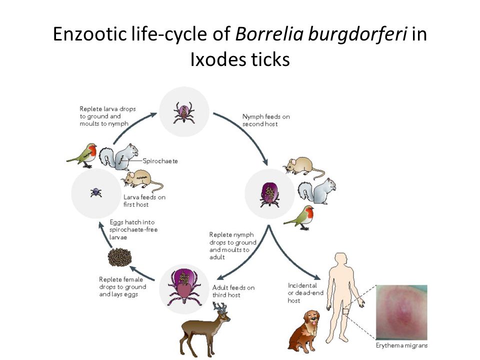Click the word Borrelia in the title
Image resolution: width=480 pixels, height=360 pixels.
(x=269, y=33)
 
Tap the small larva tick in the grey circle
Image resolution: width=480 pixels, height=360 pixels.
(x=96, y=192)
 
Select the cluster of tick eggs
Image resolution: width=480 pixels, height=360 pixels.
(x=119, y=257)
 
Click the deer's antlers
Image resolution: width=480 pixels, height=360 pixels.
(x=220, y=307)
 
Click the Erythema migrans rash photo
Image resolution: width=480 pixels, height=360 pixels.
(x=401, y=312)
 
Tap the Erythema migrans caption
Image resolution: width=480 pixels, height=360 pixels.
(x=401, y=345)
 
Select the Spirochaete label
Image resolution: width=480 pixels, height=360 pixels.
(x=160, y=161)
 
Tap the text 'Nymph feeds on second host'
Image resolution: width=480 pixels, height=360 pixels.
(x=266, y=120)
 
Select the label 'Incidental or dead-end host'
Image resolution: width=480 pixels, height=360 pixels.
(x=305, y=293)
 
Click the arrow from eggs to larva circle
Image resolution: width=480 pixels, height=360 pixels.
(x=104, y=234)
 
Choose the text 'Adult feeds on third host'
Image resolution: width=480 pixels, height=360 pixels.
(x=233, y=291)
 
